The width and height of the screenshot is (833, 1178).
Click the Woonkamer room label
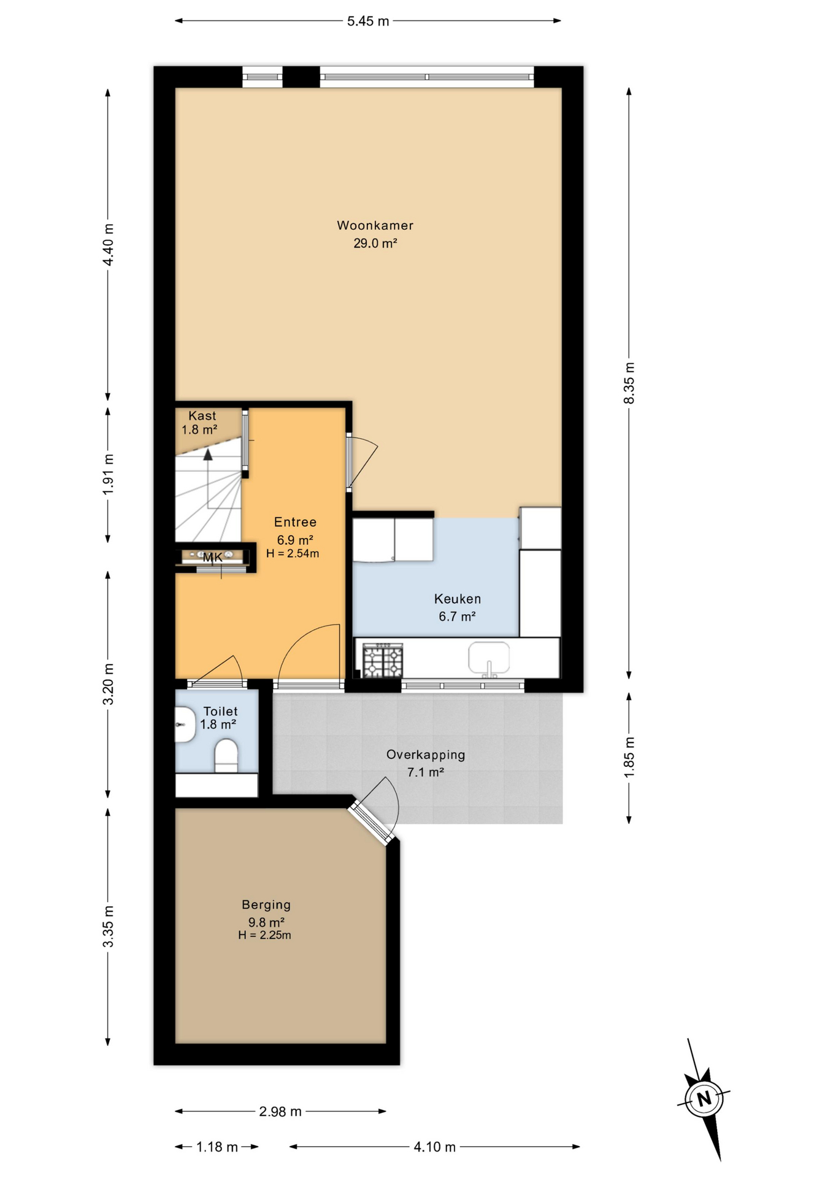[x=375, y=225]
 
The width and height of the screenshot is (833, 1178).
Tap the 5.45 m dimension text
[x=368, y=21]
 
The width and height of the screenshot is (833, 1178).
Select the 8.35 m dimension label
[x=629, y=383]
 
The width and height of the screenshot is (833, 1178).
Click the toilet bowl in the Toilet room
[x=226, y=755]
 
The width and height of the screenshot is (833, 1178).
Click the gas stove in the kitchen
[x=383, y=660]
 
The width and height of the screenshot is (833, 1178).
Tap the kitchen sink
[x=489, y=659]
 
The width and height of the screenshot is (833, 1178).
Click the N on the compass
[x=704, y=1098]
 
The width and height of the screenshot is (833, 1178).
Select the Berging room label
[x=266, y=904]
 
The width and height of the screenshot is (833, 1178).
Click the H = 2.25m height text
[x=264, y=935]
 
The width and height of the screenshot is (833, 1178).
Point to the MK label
[x=213, y=558]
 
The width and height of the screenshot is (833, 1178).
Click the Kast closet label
[x=202, y=415]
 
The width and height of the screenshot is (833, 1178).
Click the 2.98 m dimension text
[x=280, y=1111]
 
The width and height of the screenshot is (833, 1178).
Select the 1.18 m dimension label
[x=217, y=1147]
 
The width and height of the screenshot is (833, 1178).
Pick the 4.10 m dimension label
[x=434, y=1147]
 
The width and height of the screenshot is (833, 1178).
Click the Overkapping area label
[x=426, y=755]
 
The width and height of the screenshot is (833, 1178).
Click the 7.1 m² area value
[x=426, y=772]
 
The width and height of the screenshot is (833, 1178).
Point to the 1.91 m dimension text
[x=108, y=474]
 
